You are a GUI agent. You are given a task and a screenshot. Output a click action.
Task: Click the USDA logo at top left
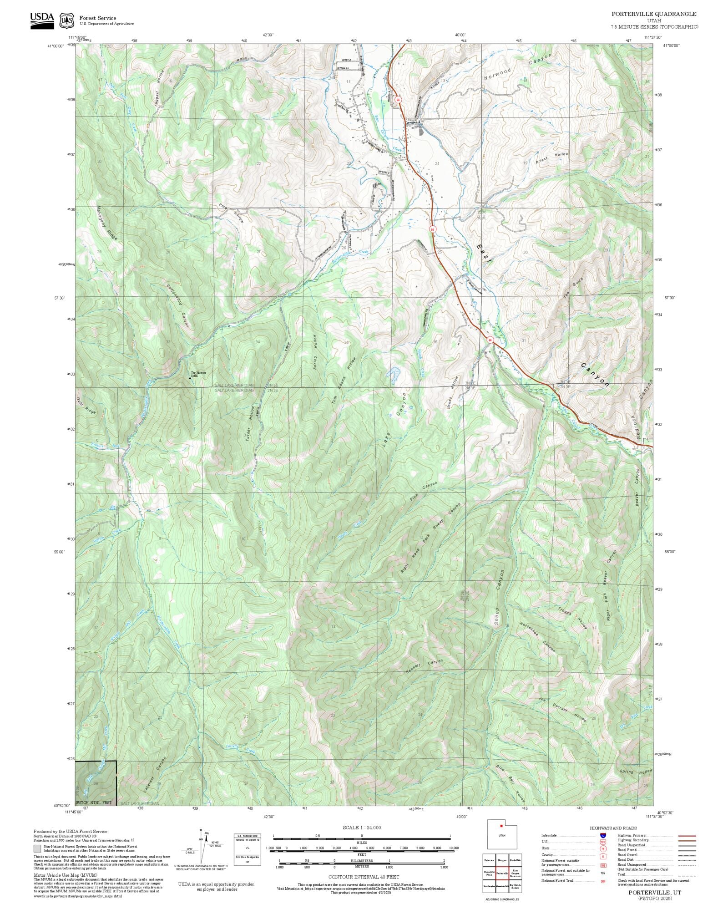click(42, 20)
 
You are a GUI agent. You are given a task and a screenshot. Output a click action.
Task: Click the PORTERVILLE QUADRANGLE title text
click(653, 14)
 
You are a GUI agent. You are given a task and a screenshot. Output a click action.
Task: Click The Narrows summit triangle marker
click(190, 377)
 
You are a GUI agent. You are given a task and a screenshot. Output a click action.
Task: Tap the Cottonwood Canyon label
click(177, 305)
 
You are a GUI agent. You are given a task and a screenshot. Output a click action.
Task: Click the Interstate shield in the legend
click(603, 836)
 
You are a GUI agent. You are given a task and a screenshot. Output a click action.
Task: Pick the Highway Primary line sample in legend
click(687, 836)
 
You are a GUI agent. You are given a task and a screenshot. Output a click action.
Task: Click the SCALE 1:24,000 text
click(362, 828)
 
